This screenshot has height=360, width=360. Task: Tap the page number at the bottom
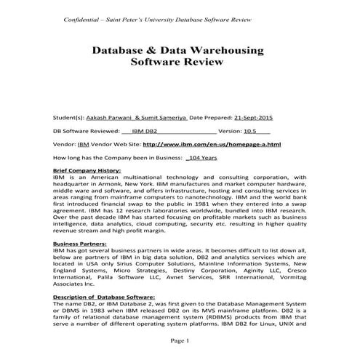180,340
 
